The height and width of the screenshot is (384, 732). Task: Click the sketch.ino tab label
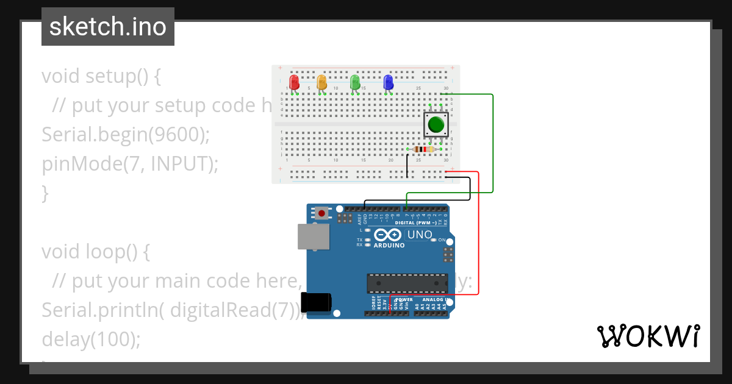point(107,27)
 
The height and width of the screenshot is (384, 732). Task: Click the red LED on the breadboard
point(294,82)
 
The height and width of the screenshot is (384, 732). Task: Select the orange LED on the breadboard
point(322,82)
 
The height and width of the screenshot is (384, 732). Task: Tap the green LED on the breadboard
point(355,82)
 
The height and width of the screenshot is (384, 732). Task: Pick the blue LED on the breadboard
point(388,82)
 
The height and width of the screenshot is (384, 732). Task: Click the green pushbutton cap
point(436,125)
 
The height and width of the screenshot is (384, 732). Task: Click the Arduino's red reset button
point(321,213)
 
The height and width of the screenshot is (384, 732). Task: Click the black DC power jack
point(316,303)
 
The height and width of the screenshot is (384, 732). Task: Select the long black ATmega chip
point(406,283)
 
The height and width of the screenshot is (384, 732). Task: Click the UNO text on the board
point(420,235)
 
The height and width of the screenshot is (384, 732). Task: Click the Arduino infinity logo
point(389,235)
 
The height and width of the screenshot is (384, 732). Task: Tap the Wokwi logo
point(648,336)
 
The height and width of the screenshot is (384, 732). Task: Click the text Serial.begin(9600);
point(125,135)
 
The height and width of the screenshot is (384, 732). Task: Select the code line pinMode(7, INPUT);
point(129,164)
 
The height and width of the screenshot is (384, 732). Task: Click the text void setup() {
point(101,76)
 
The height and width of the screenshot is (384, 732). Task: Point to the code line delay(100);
point(91,339)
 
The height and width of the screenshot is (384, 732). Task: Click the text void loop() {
point(95,251)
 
